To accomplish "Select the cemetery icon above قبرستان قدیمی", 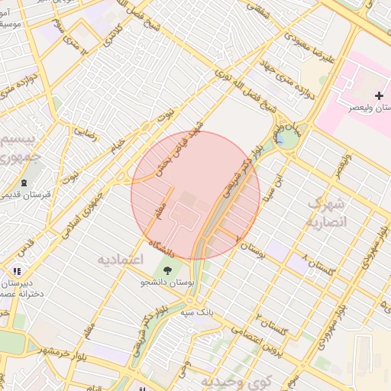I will (x=24, y=183).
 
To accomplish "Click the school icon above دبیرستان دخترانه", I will (x=17, y=270).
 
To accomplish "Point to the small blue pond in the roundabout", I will (x=287, y=140).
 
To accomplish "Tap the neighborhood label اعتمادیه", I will (x=120, y=260).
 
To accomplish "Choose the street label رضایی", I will (x=84, y=135).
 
